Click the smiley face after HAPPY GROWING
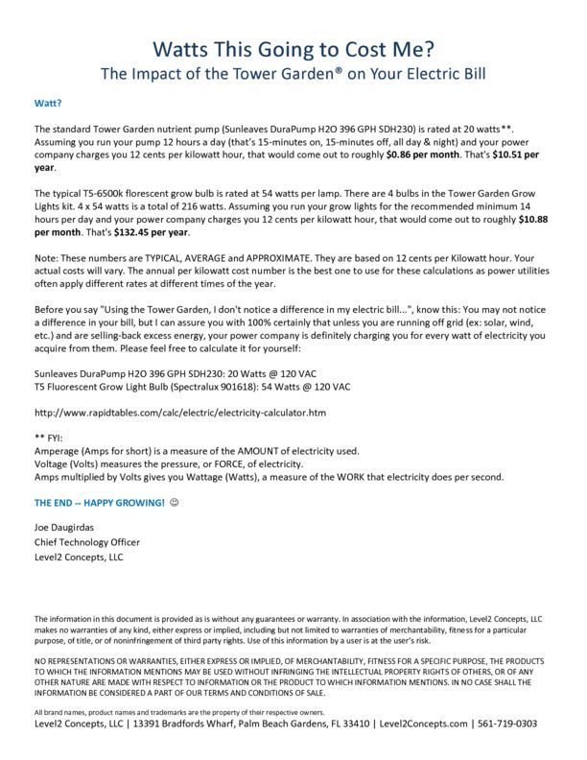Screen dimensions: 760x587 (x=175, y=503)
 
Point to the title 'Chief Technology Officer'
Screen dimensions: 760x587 (x=87, y=542)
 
